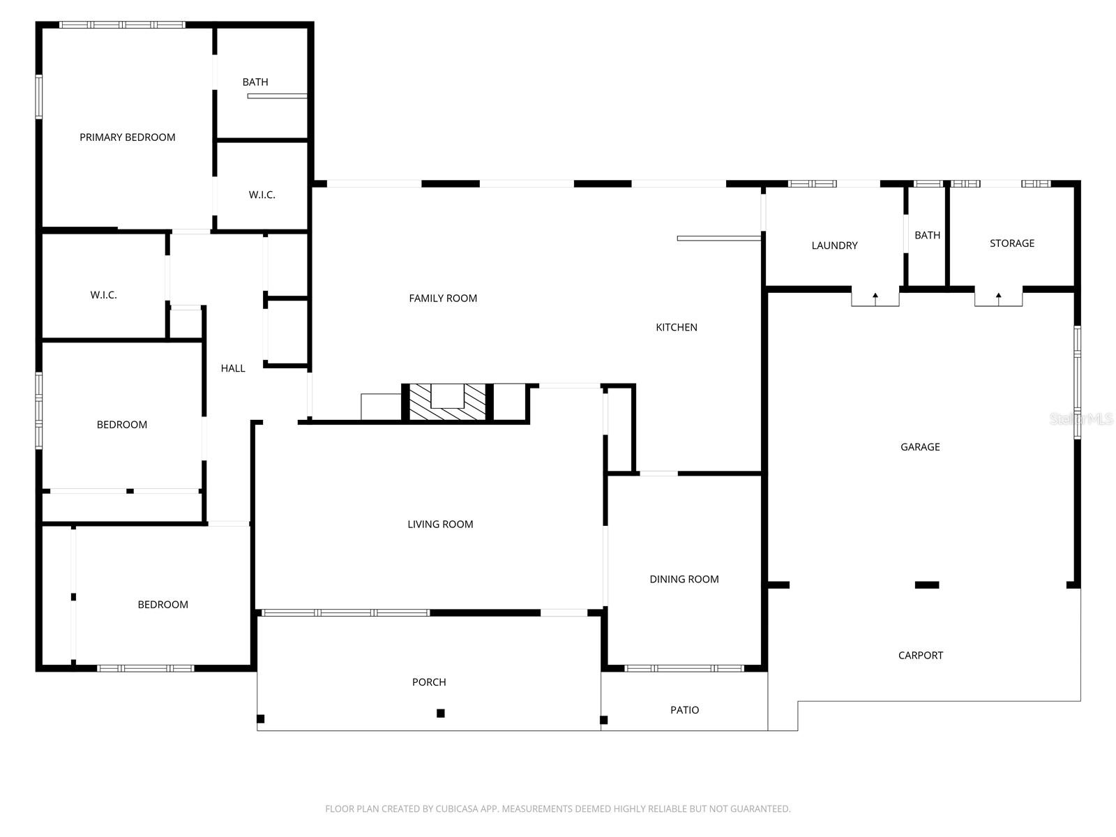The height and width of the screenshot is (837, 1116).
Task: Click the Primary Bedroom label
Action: [127, 137]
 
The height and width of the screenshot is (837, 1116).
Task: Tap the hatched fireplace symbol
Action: [447, 402]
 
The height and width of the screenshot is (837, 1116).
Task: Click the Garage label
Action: [920, 447]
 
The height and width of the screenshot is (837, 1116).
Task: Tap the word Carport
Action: [920, 656]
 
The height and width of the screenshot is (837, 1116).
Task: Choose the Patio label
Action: [684, 710]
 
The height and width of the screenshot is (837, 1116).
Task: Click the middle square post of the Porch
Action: [441, 713]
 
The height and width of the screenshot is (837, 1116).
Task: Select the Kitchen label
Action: [676, 327]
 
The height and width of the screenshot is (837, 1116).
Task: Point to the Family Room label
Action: [443, 299]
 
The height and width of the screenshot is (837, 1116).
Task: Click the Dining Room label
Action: [684, 580]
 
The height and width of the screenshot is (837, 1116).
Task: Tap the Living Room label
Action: [440, 525]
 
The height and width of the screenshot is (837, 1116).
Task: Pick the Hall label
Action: [233, 368]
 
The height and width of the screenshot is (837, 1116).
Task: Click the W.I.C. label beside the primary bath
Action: [262, 195]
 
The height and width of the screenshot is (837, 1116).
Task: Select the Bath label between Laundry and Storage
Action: [927, 236]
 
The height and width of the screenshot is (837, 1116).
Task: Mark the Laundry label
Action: [834, 246]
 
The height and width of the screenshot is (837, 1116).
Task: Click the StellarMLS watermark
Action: [1080, 419]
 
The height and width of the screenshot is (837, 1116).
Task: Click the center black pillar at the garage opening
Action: [926, 585]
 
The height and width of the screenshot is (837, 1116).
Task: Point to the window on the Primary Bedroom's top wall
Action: [122, 25]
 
